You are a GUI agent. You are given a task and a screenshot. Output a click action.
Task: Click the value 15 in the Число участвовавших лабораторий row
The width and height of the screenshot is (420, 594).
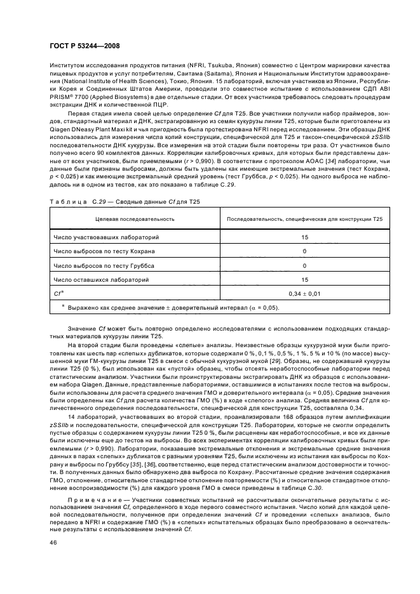click(x=304, y=237)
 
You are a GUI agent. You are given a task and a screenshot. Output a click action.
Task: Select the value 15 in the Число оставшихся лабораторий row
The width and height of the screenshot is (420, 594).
click(x=304, y=279)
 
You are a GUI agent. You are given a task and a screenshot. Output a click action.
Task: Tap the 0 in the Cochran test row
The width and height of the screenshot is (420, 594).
click(x=304, y=251)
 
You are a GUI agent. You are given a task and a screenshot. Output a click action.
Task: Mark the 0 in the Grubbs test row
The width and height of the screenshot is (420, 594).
click(x=304, y=265)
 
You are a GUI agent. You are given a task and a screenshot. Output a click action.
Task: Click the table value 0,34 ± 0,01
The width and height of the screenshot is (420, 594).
click(x=304, y=293)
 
